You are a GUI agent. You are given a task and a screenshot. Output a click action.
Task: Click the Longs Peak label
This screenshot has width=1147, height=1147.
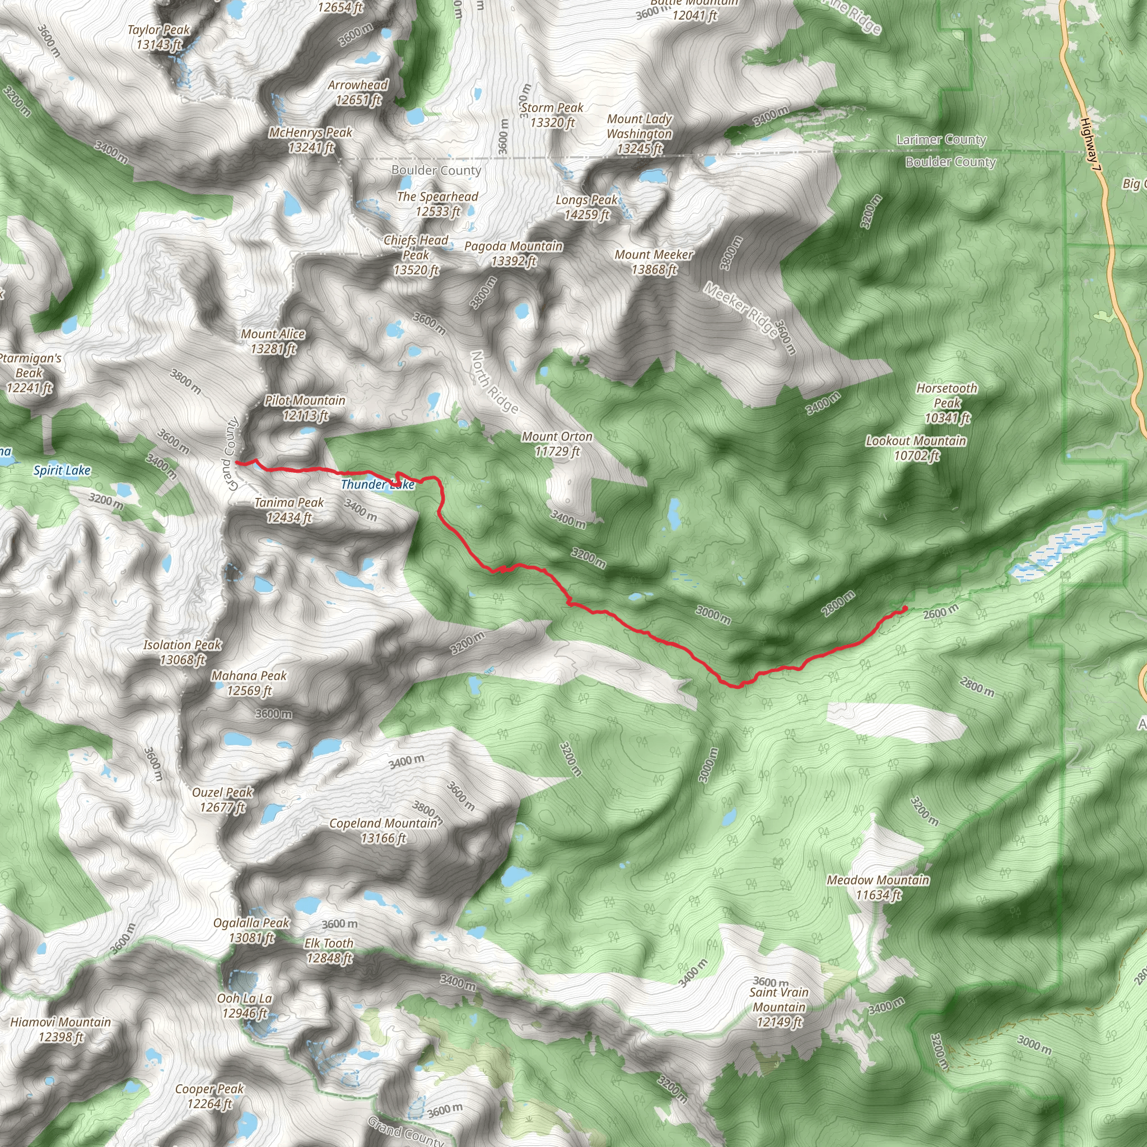[586, 207]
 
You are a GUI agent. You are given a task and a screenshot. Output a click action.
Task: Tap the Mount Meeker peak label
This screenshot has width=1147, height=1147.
[654, 262]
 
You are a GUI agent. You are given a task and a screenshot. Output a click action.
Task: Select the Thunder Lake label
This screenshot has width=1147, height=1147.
[377, 484]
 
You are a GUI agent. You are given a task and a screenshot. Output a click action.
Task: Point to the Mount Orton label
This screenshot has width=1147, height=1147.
[557, 444]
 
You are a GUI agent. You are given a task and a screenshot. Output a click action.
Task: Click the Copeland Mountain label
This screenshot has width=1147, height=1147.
[384, 831]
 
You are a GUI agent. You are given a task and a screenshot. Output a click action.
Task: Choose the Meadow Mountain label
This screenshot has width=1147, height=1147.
[878, 888]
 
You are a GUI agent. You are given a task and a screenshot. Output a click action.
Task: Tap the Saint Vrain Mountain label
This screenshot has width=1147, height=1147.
[779, 1006]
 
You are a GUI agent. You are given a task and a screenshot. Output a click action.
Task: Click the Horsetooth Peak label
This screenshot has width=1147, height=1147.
[946, 403]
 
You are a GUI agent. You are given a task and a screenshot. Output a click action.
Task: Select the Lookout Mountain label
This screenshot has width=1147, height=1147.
[916, 448]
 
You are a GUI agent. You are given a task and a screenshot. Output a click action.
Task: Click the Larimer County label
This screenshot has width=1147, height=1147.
[941, 140]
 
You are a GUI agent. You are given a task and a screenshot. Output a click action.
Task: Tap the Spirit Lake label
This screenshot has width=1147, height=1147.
[62, 471]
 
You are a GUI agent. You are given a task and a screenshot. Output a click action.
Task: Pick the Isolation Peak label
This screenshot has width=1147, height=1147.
[182, 652]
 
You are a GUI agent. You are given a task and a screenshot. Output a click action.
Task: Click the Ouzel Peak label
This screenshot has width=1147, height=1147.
[223, 800]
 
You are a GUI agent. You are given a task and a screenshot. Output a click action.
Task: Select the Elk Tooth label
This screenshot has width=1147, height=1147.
[329, 950]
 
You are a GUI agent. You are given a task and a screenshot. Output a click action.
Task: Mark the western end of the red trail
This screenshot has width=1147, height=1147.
[237, 462]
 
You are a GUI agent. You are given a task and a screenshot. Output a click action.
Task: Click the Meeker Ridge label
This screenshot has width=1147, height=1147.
[740, 309]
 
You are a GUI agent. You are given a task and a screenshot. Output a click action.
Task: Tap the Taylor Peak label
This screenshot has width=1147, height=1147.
[158, 37]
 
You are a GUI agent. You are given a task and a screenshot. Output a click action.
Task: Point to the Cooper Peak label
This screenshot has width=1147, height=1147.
[209, 1096]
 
